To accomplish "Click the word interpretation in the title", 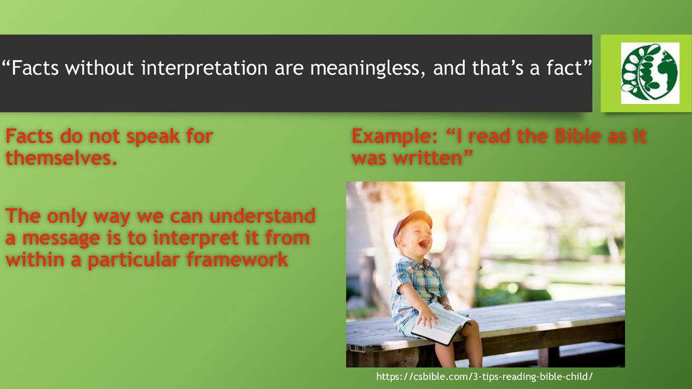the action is click(x=204, y=68).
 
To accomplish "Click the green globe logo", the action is click(x=649, y=73).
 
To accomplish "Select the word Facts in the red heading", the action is click(x=30, y=136).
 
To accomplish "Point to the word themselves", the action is click(x=61, y=157).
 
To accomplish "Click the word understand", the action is click(x=262, y=216).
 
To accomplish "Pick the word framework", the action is click(x=237, y=259).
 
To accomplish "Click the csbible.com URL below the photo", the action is click(x=484, y=377).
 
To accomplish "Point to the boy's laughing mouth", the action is click(x=424, y=243).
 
